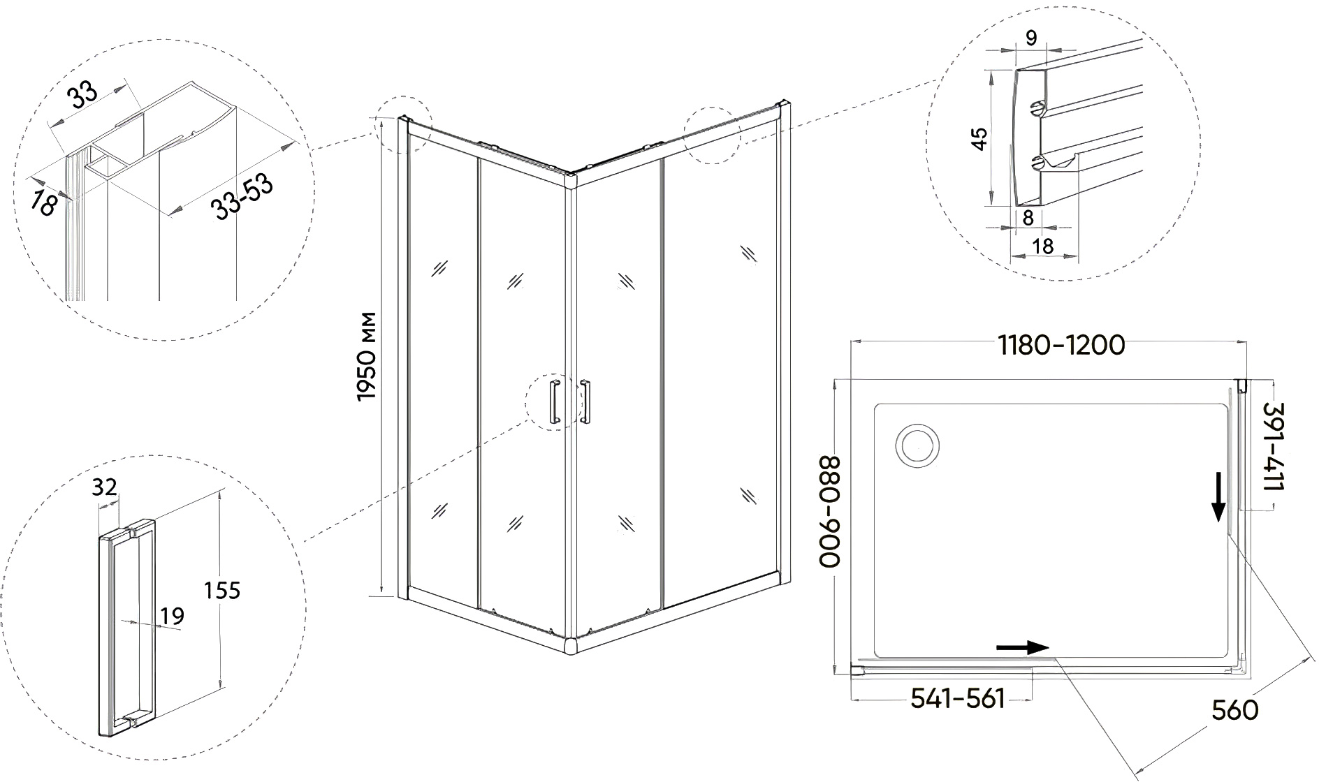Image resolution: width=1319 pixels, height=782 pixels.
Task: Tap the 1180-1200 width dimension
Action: [1061, 345]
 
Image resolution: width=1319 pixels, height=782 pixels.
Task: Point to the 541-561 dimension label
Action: [958, 698]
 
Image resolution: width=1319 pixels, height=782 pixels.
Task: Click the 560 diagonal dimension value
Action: [1234, 709]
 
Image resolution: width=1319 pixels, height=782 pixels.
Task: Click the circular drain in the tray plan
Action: [919, 444]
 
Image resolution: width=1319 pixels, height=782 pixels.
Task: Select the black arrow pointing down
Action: [1218, 496]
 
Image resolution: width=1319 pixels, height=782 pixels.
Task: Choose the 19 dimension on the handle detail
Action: [170, 615]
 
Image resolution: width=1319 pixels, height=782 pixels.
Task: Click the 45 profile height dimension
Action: [979, 138]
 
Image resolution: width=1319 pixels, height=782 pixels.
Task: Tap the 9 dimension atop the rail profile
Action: [1031, 39]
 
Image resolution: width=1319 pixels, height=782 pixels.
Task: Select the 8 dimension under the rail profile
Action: [1028, 217]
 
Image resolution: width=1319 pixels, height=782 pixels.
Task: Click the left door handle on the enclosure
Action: [555, 401]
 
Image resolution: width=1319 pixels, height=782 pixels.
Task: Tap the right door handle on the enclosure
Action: [585, 401]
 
